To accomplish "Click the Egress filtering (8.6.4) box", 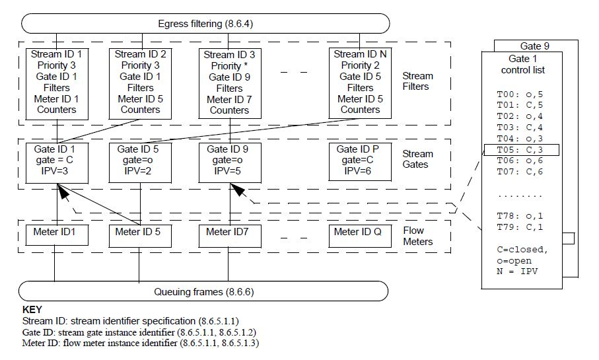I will coord(205,24).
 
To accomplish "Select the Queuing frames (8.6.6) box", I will coord(205,291).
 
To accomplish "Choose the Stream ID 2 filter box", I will coord(140,83).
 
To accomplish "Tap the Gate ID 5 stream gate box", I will coord(140,161).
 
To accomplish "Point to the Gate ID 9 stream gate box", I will coord(229,161).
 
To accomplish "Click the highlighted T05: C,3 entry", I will coord(522,150).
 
